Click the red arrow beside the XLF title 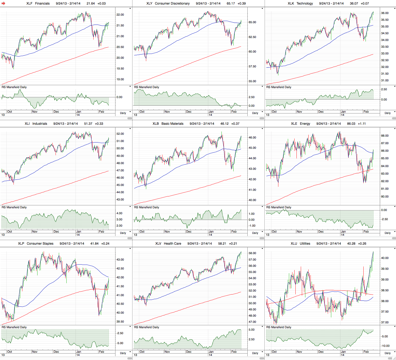tap(4, 4)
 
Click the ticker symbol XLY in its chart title tap(149, 4)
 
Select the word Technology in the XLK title tap(305, 4)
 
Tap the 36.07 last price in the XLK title tap(354, 4)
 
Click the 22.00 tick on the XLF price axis tap(120, 15)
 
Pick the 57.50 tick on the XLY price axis tap(252, 67)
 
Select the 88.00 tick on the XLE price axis tap(385, 136)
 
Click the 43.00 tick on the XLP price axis tap(120, 260)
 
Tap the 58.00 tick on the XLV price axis tap(252, 253)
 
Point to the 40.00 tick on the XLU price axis tap(385, 258)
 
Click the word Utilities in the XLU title tap(305, 244)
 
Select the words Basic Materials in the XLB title tap(172, 124)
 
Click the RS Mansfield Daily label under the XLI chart tap(14, 207)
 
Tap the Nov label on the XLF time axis tap(35, 112)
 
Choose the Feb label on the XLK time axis tap(366, 112)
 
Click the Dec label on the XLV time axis tap(189, 352)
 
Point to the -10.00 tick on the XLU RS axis tap(384, 346)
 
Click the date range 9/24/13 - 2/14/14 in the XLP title tap(72, 244)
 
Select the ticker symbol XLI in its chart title tap(27, 124)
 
